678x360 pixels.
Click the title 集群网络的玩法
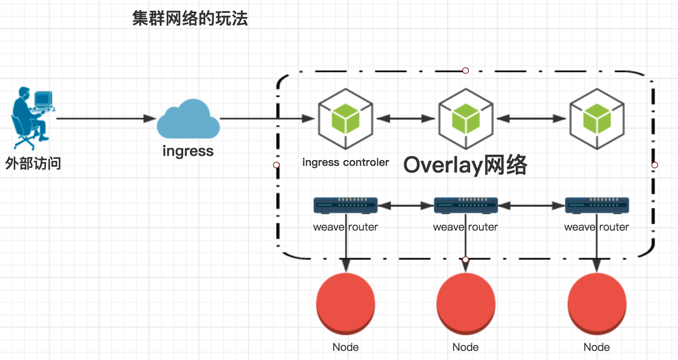[x=190, y=19]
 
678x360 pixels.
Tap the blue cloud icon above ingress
[x=188, y=119]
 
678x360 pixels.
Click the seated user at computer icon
[x=32, y=118]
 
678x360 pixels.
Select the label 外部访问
[x=33, y=163]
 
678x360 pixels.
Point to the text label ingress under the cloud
[x=188, y=151]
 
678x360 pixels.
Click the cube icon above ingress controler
[x=346, y=119]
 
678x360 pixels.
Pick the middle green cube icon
[x=466, y=119]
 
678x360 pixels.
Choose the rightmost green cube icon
[x=597, y=119]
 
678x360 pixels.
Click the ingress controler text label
[x=346, y=162]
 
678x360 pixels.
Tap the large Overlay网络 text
[x=465, y=165]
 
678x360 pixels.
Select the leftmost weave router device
[x=346, y=205]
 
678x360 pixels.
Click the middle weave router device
[x=466, y=205]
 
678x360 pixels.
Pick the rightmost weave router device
[x=597, y=205]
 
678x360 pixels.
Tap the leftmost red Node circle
[x=346, y=304]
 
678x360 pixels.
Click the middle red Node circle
[x=466, y=304]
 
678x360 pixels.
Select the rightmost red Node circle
[x=597, y=304]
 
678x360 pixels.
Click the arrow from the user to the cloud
[x=106, y=119]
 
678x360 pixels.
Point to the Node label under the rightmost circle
[x=597, y=347]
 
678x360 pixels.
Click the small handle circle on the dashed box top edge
[x=466, y=71]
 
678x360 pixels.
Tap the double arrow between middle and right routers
[x=532, y=205]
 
